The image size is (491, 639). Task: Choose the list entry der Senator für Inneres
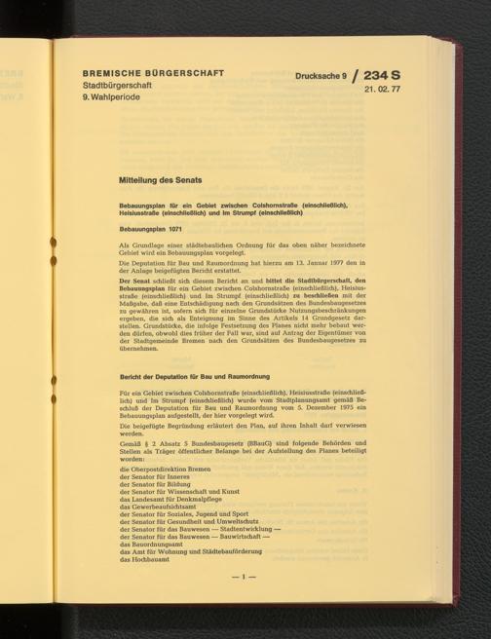[x=153, y=476]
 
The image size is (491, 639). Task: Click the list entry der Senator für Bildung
[x=154, y=485]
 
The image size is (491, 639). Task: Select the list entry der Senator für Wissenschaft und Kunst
[x=176, y=494]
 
